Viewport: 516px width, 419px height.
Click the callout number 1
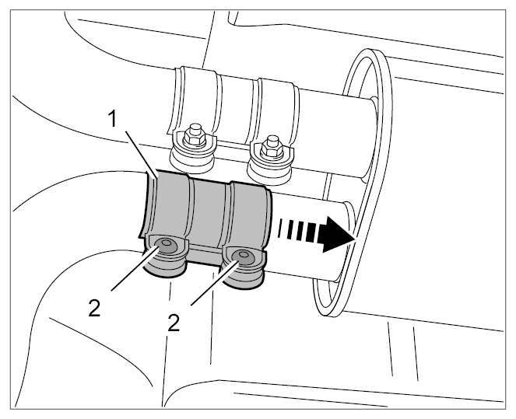pos(113,119)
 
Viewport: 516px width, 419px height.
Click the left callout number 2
pos(94,309)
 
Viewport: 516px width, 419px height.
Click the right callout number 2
pos(174,323)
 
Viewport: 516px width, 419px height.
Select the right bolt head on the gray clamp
pos(243,255)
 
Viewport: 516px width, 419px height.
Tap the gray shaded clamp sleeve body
pos(207,211)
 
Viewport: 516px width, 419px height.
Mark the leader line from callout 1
pos(141,153)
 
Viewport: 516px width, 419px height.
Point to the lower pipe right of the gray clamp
pos(309,236)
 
